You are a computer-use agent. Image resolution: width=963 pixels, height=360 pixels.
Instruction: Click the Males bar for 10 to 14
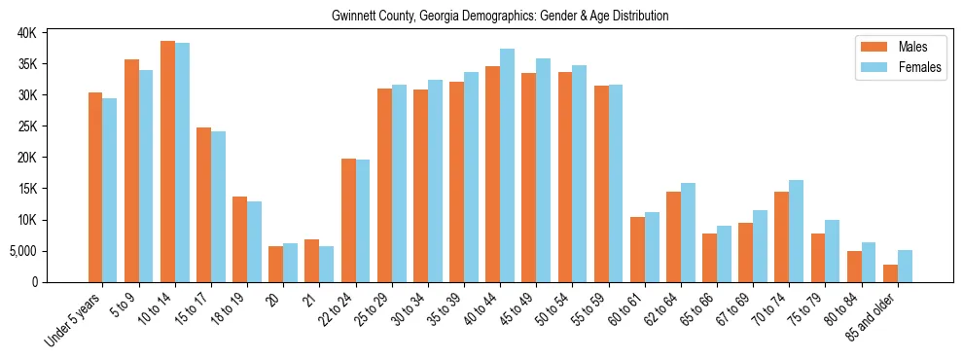click(167, 162)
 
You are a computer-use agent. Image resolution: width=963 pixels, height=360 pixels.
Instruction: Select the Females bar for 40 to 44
click(508, 165)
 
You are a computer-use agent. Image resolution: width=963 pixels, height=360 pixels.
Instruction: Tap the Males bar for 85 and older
click(890, 273)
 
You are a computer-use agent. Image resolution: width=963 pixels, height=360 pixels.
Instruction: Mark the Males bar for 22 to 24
click(348, 220)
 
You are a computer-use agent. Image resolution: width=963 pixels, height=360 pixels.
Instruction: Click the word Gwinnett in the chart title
click(354, 17)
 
